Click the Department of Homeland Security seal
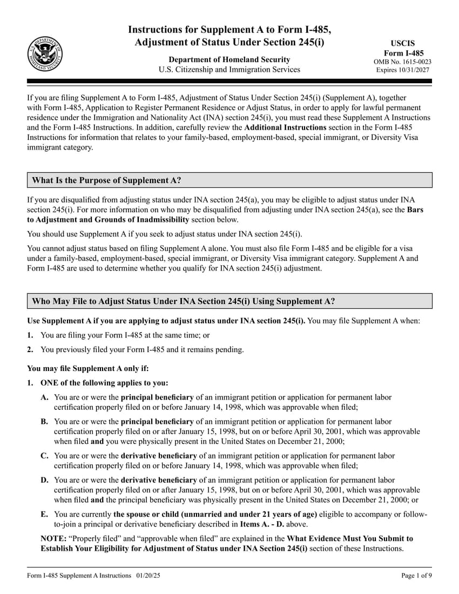[x=45, y=54]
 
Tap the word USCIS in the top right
[x=403, y=43]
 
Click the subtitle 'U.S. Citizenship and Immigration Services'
[x=229, y=69]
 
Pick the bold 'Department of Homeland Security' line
[x=229, y=59]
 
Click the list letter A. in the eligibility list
[x=45, y=397]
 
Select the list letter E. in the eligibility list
[x=45, y=514]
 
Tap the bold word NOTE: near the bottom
[x=53, y=538]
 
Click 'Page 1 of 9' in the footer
[x=416, y=576]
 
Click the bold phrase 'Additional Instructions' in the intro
[x=285, y=127]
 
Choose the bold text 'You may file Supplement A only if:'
[x=87, y=368]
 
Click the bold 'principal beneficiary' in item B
[x=157, y=421]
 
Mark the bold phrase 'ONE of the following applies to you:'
[x=104, y=383]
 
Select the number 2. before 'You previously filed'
[x=30, y=349]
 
